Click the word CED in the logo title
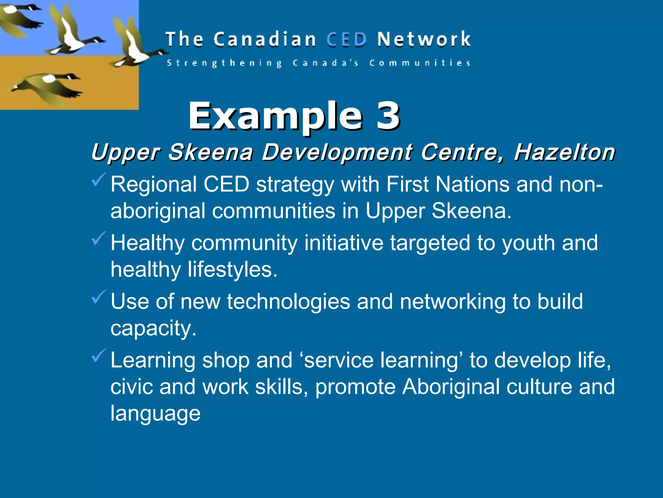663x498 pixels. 346,40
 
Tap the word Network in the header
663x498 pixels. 424,40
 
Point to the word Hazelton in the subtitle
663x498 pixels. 564,152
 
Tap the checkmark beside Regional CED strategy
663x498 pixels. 98,180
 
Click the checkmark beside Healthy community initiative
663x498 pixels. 98,238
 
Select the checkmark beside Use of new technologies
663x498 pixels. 98,297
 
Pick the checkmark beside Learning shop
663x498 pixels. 98,356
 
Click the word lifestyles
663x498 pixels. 233,270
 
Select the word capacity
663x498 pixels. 153,329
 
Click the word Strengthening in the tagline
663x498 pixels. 224,63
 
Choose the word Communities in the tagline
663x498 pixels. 420,63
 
